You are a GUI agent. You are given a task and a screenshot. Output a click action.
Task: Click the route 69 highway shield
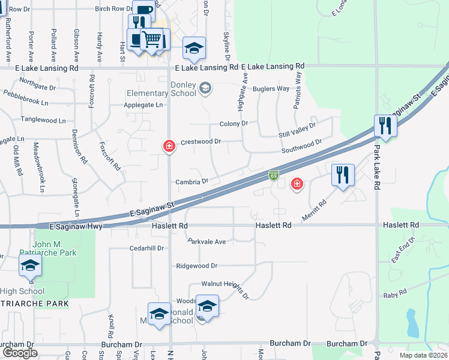273,175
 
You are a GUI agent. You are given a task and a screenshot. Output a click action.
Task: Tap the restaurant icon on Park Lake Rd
385,126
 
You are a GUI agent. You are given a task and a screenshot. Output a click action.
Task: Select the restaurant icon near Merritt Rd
343,175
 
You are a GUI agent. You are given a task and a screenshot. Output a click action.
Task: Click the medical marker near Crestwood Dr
169,146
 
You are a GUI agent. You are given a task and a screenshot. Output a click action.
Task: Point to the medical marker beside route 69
297,184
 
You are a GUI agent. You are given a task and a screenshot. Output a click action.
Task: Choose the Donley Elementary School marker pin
205,89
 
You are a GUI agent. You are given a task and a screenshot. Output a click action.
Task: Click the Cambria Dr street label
191,181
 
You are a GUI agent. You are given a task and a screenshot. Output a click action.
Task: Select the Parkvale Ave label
206,242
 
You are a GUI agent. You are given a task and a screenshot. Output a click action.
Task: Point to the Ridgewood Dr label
196,265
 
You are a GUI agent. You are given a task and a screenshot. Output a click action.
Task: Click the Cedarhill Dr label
146,248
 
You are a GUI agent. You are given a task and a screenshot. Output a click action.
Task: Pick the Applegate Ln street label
143,105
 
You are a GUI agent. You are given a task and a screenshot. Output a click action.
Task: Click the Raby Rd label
395,295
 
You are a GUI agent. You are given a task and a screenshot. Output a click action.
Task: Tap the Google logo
20,353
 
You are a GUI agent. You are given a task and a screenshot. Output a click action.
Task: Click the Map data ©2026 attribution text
423,355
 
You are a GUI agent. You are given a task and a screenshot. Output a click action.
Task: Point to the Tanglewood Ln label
43,120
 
